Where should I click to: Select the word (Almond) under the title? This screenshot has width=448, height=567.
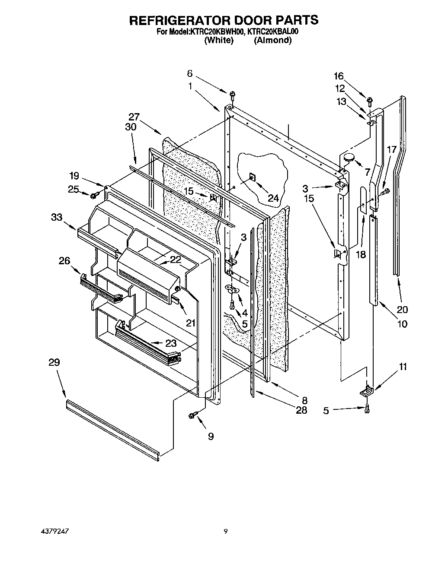[x=272, y=40]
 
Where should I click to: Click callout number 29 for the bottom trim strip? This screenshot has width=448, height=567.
[x=54, y=362]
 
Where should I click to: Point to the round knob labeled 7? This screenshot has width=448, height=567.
[x=349, y=158]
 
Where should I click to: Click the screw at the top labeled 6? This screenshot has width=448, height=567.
[x=232, y=94]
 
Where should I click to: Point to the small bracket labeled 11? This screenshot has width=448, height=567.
[x=367, y=391]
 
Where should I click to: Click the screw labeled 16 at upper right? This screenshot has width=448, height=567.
[x=370, y=101]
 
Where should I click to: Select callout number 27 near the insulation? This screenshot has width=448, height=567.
[x=134, y=117]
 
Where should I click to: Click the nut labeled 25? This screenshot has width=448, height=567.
[x=93, y=196]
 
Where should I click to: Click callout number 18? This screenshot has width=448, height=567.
[x=361, y=255]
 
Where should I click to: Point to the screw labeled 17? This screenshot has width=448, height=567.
[x=385, y=190]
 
